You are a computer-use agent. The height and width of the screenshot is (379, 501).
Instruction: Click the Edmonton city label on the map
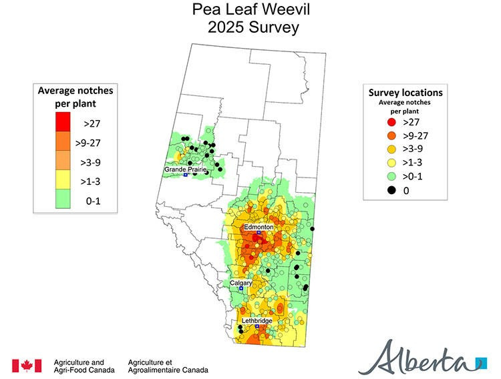coord(259,227)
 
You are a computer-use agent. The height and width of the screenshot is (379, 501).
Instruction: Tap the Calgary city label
coord(240,283)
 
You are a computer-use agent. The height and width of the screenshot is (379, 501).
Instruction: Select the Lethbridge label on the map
coord(257,321)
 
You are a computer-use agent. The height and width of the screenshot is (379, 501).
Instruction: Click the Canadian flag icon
coord(27,365)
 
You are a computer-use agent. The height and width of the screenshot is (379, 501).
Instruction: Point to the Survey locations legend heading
coord(405,93)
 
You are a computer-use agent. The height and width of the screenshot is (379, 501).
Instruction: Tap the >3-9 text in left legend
coord(92,162)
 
